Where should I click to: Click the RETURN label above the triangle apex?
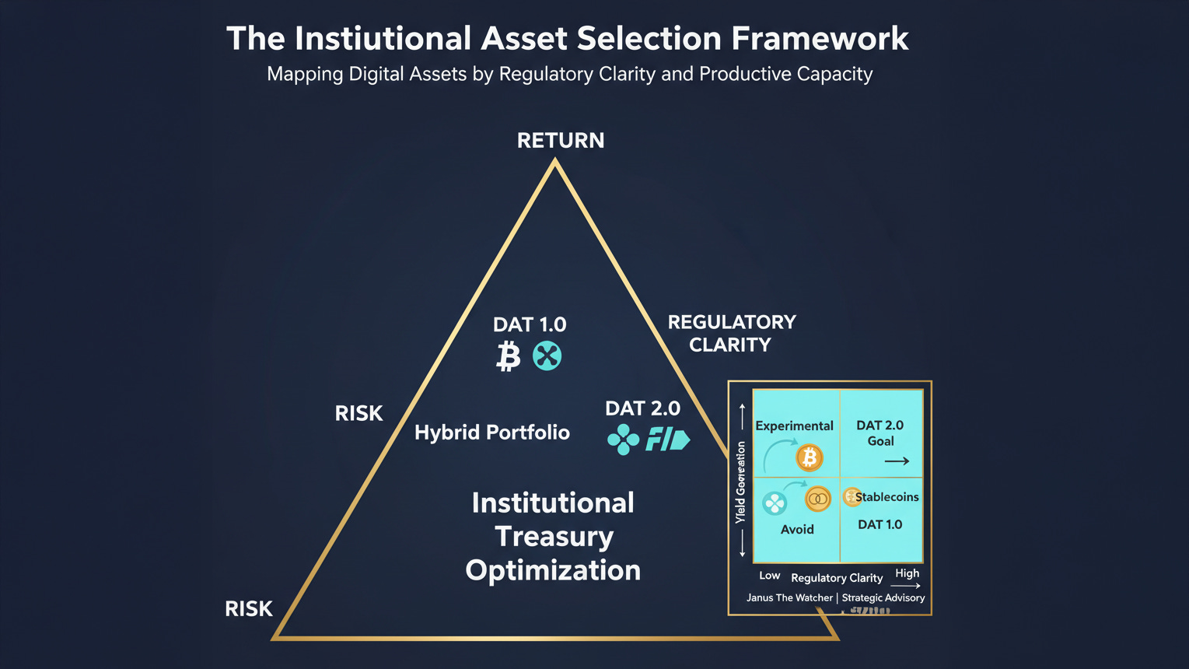coord(561,141)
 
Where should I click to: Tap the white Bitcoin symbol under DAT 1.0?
coord(508,356)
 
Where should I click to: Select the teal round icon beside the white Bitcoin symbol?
coord(547,356)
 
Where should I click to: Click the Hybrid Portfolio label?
coord(491,433)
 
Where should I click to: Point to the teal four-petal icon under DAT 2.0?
coord(623,440)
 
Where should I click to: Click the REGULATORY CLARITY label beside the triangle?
coord(731,333)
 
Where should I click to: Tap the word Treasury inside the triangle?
coord(554,537)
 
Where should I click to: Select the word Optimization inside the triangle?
coord(553,570)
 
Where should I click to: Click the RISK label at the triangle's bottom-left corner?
coord(249,609)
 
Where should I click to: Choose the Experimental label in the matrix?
coord(794,426)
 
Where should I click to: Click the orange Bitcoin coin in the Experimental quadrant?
coord(810,457)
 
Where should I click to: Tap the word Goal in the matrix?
coord(880,441)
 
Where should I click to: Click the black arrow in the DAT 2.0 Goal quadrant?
coord(897,461)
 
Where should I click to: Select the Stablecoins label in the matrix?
coord(887,497)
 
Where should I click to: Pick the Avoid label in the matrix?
coord(797,530)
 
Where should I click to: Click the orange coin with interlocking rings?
coord(817,499)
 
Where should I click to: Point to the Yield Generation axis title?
coord(740,482)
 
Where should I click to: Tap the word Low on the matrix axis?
coord(769,576)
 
